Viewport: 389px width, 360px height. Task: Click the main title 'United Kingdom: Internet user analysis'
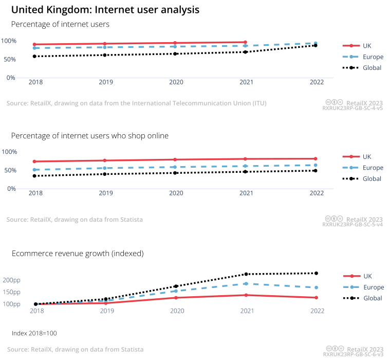pyautogui.click(x=105, y=10)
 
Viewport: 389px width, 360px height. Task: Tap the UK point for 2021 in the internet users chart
pyautogui.click(x=246, y=42)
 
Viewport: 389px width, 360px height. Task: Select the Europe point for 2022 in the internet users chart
pyautogui.click(x=316, y=43)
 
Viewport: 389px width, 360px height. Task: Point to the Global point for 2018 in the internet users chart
pyautogui.click(x=34, y=56)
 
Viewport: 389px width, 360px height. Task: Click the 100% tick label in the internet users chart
pyautogui.click(x=9, y=41)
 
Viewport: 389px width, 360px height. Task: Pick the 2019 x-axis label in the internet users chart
pyautogui.click(x=106, y=82)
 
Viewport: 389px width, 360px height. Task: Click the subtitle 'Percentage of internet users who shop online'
pyautogui.click(x=90, y=135)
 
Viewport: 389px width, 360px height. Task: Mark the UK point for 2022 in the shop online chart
pyautogui.click(x=316, y=158)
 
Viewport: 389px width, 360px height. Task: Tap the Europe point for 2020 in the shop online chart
pyautogui.click(x=176, y=167)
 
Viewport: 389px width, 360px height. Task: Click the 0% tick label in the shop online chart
pyautogui.click(x=11, y=189)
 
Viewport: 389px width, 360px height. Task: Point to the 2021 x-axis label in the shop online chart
pyautogui.click(x=246, y=193)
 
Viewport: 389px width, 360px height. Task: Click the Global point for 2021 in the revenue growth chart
pyautogui.click(x=246, y=274)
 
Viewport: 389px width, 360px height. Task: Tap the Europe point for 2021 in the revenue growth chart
pyautogui.click(x=246, y=284)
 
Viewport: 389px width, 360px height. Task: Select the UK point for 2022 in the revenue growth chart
pyautogui.click(x=317, y=298)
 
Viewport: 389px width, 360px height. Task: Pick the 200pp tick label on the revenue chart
pyautogui.click(x=11, y=280)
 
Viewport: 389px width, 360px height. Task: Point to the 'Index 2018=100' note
pyautogui.click(x=34, y=333)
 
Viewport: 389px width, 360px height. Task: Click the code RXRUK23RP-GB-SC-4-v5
pyautogui.click(x=353, y=109)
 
